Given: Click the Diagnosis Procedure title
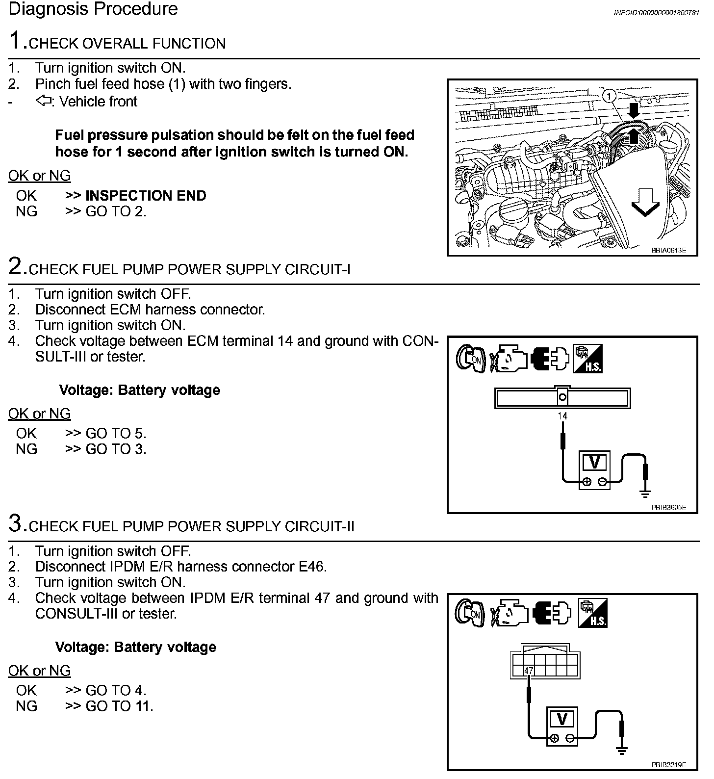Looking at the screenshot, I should coord(93,9).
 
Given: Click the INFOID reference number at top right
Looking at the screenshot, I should coord(656,12).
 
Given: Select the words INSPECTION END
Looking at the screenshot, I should coord(146,196).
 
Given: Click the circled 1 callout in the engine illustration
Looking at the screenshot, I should coord(609,96).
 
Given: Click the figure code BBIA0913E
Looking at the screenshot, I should coord(668,250).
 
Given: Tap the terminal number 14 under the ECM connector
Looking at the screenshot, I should coord(562,416).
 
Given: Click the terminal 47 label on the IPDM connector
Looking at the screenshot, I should coord(529,671).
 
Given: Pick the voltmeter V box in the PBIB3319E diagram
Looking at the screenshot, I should coord(562,720).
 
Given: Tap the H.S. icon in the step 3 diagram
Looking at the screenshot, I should coord(593,613).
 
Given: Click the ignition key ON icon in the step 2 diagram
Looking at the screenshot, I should coord(470,359).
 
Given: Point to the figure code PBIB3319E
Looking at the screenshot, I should coord(668,765).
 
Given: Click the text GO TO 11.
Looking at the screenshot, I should coord(119,706).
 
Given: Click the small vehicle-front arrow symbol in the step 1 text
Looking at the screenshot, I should coord(44,102).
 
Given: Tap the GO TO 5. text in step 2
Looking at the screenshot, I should coord(116,433).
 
